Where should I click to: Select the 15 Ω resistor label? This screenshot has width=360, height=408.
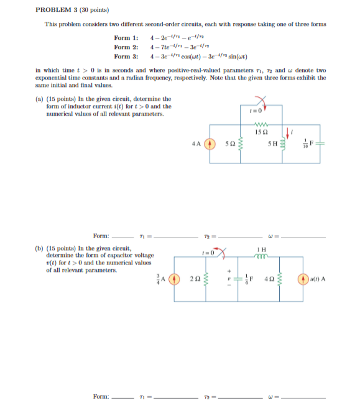261,131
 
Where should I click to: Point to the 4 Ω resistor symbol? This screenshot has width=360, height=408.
279,278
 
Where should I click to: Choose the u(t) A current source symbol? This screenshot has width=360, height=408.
306,278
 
